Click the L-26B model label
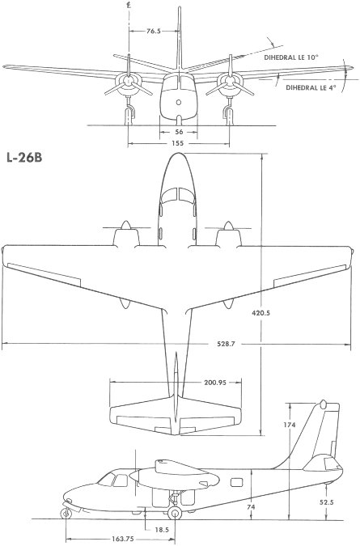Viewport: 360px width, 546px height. [24, 158]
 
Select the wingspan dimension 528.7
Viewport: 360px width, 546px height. [226, 344]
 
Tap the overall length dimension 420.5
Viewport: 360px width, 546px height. [260, 313]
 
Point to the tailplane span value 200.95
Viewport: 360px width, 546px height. [215, 383]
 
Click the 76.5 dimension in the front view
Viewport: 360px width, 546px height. [154, 31]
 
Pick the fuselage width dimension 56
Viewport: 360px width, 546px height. [179, 132]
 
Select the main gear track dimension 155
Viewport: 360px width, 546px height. [177, 143]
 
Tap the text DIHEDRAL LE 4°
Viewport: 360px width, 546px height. [311, 87]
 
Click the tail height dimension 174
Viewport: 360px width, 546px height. [290, 425]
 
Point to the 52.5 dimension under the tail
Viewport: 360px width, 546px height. [327, 502]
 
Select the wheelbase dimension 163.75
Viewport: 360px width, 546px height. [123, 539]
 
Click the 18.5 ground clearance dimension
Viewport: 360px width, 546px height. [162, 530]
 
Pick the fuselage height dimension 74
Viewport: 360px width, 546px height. [251, 507]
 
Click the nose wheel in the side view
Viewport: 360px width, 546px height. [65, 514]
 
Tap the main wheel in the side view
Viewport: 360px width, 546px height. [174, 513]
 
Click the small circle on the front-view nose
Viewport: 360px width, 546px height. [179, 102]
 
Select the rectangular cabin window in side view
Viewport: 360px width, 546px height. [237, 482]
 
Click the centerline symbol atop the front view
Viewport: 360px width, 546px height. [129, 5]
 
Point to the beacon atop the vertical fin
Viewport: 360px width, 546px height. [323, 404]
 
